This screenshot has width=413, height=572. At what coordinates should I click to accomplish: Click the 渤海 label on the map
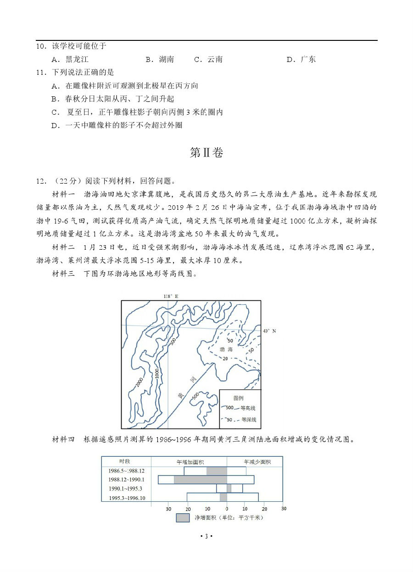226,349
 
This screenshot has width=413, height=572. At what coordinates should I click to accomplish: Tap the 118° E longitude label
170,296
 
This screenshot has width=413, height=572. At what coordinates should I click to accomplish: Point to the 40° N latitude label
270,331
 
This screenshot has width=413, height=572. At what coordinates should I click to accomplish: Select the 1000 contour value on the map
157,373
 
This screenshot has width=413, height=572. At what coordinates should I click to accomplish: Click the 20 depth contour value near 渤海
225,358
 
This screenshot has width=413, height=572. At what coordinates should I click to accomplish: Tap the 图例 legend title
238,398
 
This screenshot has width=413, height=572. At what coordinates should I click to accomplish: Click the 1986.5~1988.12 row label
127,471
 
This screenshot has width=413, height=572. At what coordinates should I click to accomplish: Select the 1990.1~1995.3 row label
125,488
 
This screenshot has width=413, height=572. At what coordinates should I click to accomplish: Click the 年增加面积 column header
189,461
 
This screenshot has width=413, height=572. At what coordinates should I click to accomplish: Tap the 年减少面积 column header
257,461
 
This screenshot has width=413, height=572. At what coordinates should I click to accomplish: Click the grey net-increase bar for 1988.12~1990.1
200,480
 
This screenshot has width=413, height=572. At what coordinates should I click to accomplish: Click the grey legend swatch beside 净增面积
183,518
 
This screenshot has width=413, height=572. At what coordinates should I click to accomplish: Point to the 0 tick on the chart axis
226,509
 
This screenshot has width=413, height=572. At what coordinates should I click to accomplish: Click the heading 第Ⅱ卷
206,153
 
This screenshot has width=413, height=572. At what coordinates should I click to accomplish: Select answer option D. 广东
301,59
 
